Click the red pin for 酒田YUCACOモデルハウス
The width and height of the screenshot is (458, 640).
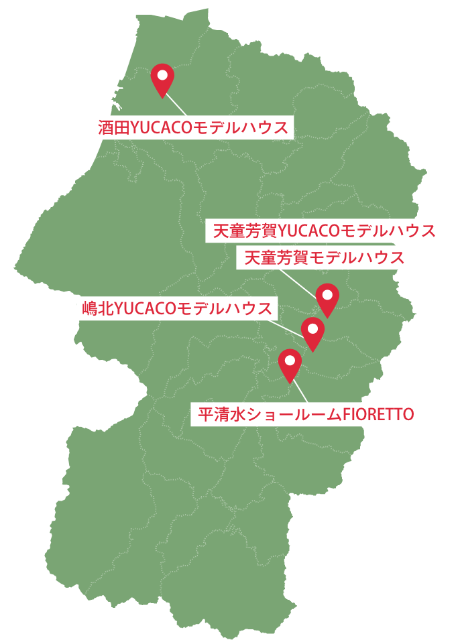[162, 78]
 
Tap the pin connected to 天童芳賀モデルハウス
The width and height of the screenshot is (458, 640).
[327, 298]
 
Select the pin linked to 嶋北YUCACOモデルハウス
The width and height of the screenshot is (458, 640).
[312, 332]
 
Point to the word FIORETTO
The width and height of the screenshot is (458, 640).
[378, 414]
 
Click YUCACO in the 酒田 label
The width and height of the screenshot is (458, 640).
[162, 127]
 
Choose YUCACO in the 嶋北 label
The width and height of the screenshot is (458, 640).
[146, 308]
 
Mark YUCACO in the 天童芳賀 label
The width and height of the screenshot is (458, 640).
[309, 231]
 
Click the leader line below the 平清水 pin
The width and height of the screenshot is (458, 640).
[300, 392]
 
